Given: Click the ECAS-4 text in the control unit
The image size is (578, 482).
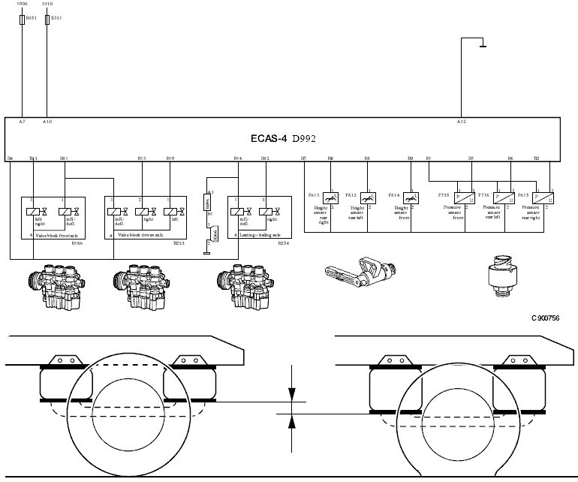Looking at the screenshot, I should click(269, 139).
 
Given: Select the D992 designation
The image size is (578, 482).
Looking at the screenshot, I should click(305, 139).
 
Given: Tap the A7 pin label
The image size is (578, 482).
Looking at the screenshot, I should click(22, 121).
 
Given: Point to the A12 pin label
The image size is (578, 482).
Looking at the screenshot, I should click(461, 121).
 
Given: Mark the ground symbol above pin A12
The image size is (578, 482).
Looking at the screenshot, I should click(481, 47).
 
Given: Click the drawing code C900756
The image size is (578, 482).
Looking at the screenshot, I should click(545, 318).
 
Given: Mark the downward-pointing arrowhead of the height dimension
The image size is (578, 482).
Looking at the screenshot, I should click(292, 396).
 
